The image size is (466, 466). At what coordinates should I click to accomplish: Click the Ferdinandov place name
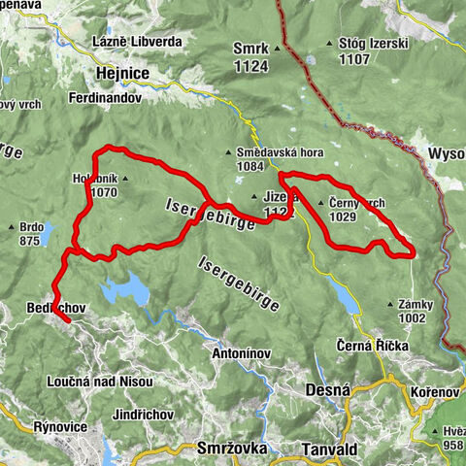106,98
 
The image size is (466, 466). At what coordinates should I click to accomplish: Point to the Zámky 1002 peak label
415,311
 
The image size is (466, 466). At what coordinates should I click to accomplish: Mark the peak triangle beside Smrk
277,46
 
